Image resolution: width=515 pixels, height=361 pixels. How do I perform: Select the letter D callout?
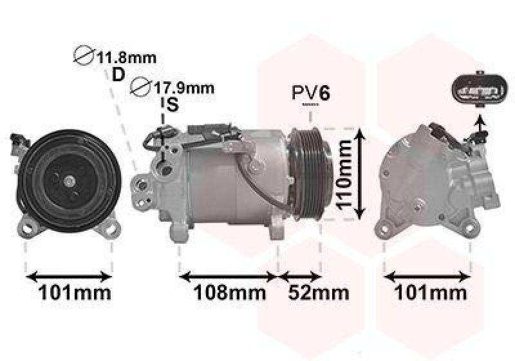(x=118, y=75)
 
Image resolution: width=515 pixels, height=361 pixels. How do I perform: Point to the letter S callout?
(x=172, y=105)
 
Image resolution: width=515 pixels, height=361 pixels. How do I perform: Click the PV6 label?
(x=311, y=93)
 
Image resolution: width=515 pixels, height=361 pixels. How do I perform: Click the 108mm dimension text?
(x=230, y=292)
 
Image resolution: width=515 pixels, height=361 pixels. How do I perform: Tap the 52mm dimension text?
(x=318, y=292)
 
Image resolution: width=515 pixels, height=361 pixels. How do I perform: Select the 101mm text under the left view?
(x=75, y=292)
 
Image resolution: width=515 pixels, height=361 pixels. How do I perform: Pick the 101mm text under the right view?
(x=430, y=292)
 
